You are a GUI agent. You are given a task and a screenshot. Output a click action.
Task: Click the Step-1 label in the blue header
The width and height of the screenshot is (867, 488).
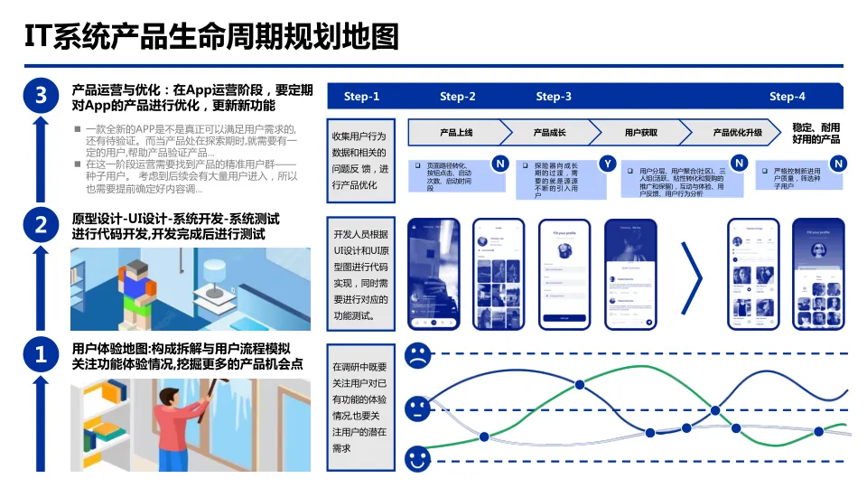tap(362, 97)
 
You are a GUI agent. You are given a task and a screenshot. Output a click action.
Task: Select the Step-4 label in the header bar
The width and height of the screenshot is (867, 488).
tap(788, 97)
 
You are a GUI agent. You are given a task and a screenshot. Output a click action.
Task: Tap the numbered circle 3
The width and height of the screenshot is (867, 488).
tap(40, 96)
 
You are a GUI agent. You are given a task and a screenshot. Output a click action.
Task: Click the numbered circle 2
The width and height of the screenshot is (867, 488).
tap(40, 225)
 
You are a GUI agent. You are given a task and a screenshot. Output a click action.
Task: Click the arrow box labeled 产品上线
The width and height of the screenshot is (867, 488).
tap(455, 133)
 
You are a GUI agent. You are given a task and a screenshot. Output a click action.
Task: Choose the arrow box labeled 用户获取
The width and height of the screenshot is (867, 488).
tap(640, 133)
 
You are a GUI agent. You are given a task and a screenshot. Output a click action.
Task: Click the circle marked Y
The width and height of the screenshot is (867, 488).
tap(608, 164)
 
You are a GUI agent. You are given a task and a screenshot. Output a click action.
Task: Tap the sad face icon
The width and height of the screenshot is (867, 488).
tap(417, 354)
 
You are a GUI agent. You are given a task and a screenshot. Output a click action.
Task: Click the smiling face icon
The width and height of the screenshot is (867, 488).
tap(417, 459)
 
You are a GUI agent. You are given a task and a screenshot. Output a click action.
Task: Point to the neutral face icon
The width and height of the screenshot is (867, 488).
tap(417, 408)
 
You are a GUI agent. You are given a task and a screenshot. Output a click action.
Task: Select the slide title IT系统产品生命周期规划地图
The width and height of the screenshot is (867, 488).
tap(210, 37)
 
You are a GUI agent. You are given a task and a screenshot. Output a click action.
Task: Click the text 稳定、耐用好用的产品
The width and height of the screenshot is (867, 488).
tap(816, 133)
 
